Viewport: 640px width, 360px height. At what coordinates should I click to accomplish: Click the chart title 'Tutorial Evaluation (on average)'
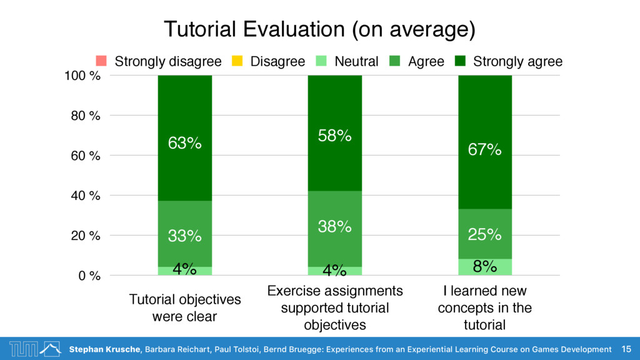pyautogui.click(x=319, y=29)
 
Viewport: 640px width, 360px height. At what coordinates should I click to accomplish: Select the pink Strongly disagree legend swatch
pyautogui.click(x=101, y=61)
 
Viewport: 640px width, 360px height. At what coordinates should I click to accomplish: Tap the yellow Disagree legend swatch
pyautogui.click(x=237, y=61)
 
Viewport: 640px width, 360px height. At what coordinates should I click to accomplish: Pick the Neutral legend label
pyautogui.click(x=356, y=61)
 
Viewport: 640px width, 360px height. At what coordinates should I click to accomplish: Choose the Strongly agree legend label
pyautogui.click(x=517, y=62)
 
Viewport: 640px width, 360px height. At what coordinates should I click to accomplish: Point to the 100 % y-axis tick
pyautogui.click(x=82, y=76)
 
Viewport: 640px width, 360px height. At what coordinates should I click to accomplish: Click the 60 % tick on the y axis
pyautogui.click(x=85, y=156)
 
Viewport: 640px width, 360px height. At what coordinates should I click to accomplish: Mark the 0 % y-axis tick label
pyautogui.click(x=89, y=276)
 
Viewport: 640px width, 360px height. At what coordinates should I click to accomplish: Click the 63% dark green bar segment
pyautogui.click(x=185, y=138)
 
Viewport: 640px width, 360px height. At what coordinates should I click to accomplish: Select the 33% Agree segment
pyautogui.click(x=185, y=234)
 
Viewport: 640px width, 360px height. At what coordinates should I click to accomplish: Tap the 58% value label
pyautogui.click(x=335, y=136)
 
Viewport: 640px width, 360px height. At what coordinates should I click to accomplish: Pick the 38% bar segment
pyautogui.click(x=335, y=229)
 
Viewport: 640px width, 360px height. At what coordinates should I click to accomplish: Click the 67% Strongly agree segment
pyautogui.click(x=485, y=142)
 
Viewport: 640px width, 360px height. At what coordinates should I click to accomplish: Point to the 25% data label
pyautogui.click(x=484, y=234)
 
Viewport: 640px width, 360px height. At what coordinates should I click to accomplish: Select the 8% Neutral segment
pyautogui.click(x=485, y=267)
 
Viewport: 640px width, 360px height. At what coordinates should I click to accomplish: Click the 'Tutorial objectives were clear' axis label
pyautogui.click(x=185, y=307)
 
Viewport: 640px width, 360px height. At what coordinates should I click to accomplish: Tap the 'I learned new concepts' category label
pyautogui.click(x=485, y=307)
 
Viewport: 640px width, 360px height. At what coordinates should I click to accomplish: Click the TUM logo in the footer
pyautogui.click(x=35, y=349)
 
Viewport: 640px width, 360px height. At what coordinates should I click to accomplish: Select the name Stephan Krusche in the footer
pyautogui.click(x=105, y=349)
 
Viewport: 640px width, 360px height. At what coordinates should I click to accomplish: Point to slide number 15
pyautogui.click(x=626, y=349)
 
